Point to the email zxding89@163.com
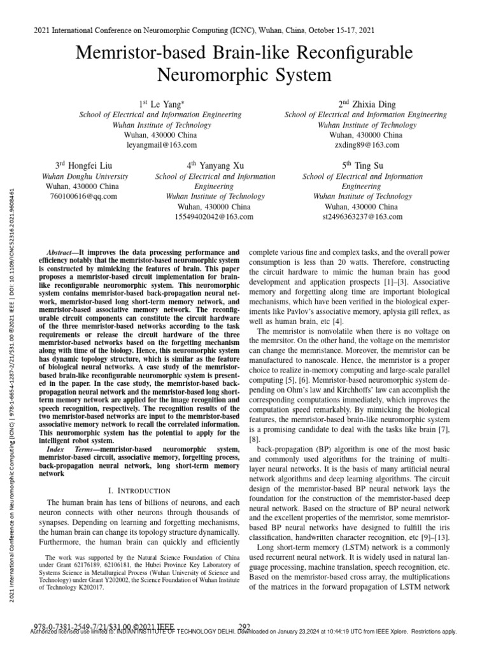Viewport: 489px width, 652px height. (x=365, y=145)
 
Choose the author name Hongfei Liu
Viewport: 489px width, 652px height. (x=83, y=165)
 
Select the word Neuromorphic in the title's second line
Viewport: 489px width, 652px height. (x=202, y=76)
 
